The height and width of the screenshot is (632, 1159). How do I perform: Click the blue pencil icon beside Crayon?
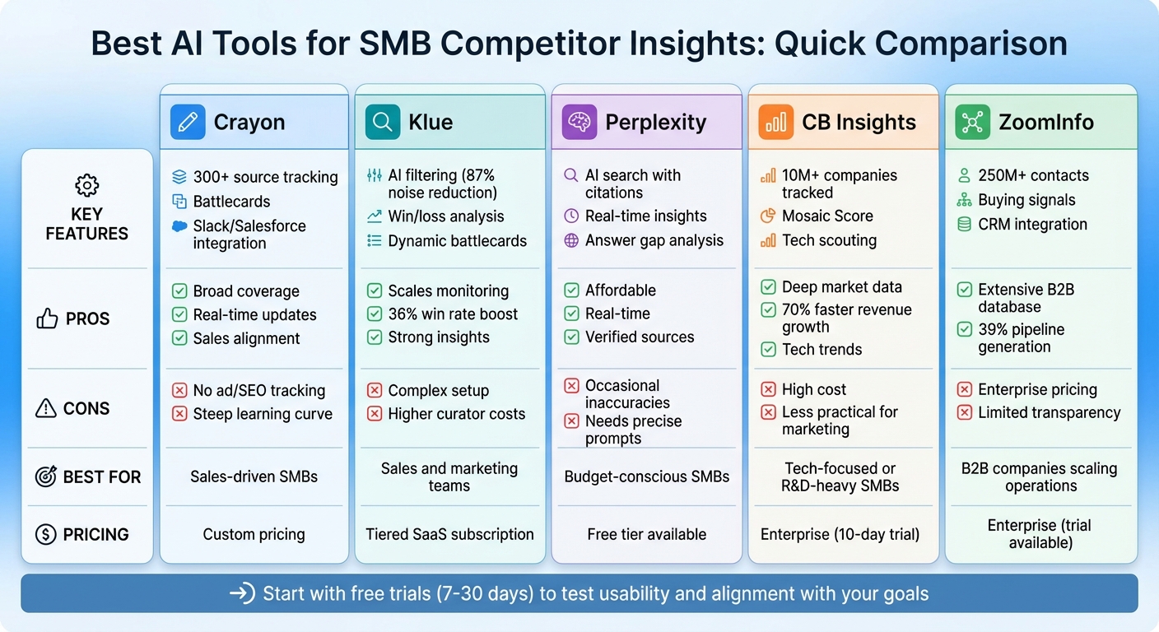[188, 122]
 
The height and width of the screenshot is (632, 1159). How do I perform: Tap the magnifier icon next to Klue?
[383, 122]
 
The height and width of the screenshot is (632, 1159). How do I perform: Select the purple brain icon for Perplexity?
[579, 122]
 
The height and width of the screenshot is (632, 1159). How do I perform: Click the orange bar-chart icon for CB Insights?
[776, 122]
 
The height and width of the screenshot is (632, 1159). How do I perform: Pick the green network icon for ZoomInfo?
[972, 122]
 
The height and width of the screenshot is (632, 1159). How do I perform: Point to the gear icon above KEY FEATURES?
[86, 185]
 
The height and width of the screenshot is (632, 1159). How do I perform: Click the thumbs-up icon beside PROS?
[47, 318]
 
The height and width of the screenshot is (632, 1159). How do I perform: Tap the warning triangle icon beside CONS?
[46, 408]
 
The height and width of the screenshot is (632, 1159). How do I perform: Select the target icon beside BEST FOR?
[46, 476]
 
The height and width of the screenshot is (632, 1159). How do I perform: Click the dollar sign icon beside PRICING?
[46, 534]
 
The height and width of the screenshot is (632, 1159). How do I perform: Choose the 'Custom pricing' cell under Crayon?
[254, 534]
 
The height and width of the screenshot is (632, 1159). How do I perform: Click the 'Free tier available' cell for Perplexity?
[646, 534]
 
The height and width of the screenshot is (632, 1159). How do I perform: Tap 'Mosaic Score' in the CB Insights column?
[827, 216]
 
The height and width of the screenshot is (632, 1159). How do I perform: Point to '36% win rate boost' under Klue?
[453, 314]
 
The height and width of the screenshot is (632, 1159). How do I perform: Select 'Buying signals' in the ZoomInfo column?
[1026, 200]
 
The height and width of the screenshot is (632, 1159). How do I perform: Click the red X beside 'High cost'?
[768, 389]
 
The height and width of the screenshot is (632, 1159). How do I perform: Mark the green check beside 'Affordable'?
[571, 290]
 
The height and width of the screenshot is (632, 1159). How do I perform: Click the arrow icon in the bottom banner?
[242, 593]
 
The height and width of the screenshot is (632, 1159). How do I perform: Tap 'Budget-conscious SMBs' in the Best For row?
[646, 476]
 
